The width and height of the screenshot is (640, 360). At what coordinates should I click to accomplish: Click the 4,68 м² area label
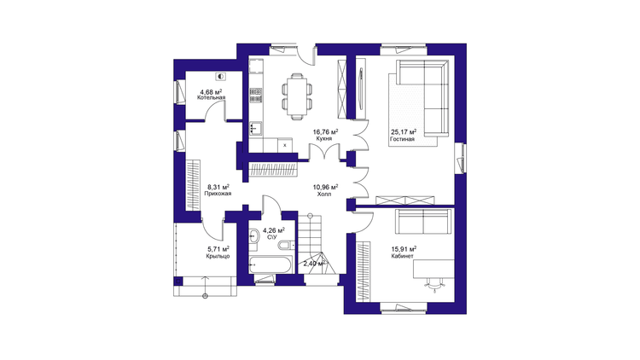[211, 92]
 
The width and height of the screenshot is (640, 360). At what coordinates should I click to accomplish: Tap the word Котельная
[211, 98]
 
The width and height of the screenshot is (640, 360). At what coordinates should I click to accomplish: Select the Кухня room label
[323, 139]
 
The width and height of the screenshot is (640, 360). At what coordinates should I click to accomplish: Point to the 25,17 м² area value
[404, 132]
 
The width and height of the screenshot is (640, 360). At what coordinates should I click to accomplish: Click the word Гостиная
[402, 139]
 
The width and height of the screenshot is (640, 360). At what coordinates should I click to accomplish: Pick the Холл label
[324, 195]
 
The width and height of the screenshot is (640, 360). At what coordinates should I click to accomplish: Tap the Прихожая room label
[218, 194]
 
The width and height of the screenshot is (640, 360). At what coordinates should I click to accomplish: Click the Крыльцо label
[218, 256]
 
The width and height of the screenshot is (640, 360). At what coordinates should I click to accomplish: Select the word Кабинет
[403, 256]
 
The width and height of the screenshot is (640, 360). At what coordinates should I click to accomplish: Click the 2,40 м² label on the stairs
[314, 264]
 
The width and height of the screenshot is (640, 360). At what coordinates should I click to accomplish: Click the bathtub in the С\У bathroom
[271, 265]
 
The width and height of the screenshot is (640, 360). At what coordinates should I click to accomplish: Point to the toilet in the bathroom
[285, 245]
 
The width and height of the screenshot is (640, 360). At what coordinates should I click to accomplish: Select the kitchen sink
[256, 128]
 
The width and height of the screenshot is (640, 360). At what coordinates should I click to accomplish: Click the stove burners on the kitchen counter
[256, 95]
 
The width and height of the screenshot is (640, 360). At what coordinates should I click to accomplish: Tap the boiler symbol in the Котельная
[221, 76]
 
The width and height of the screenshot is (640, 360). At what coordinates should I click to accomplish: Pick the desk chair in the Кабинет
[435, 283]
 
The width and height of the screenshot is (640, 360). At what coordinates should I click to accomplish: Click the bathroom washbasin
[253, 236]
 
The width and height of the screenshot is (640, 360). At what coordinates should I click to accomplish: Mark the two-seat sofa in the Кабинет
[423, 222]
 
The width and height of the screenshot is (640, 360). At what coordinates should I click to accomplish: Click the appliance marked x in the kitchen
[285, 145]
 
